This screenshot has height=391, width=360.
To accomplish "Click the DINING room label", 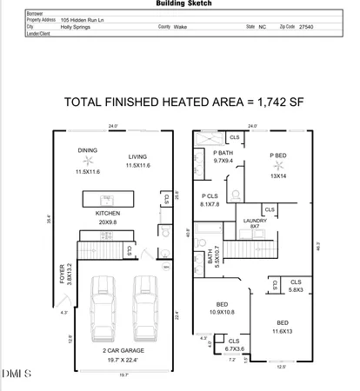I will pos(88,150).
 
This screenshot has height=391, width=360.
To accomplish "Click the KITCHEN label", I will pos(107,213).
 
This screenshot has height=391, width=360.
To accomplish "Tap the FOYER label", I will pos(62,275).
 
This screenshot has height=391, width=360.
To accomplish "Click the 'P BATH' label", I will pos(223,152).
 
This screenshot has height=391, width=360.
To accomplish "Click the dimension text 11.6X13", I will pos(283,329).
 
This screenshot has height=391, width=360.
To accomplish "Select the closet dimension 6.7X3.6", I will pos(233,348).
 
